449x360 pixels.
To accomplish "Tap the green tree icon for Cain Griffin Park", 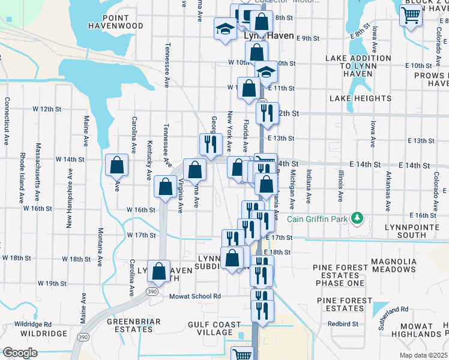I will tap(357, 217).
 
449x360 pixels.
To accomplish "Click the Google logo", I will tap(19, 353).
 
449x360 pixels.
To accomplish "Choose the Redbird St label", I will tap(343, 323).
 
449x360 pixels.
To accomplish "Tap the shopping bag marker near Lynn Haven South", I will tap(158, 271).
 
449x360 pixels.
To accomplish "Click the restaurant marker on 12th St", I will tap(267, 113).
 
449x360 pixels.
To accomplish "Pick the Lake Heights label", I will tap(360, 98).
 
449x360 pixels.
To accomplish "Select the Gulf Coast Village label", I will tap(214, 328).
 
